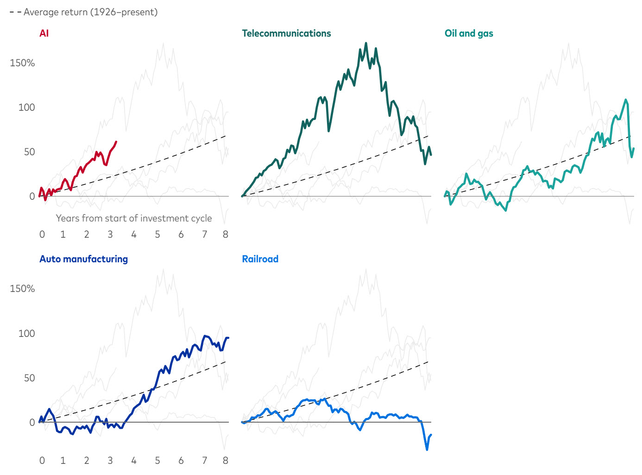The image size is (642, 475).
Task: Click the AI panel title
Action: pos(44,33)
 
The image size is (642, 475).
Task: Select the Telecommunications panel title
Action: pos(286,33)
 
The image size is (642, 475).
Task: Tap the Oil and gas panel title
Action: pos(469,33)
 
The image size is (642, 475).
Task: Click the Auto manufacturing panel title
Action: pos(83,259)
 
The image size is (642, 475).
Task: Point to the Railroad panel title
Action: pos(260,259)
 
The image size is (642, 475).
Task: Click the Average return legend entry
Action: pos(83,12)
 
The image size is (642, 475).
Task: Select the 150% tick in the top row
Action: pos(22,63)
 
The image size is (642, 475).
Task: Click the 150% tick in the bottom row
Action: pos(22,289)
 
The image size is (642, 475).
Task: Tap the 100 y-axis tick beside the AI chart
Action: pos(26,108)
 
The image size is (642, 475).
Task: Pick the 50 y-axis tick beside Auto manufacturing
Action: pos(29,378)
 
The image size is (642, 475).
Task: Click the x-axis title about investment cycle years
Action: pos(134,218)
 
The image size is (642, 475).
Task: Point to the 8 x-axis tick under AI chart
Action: pos(226,234)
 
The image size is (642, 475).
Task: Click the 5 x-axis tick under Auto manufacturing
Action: pos(157,461)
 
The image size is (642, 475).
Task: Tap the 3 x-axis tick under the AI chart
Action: pos(110,234)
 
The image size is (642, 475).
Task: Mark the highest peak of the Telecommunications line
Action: pos(366,43)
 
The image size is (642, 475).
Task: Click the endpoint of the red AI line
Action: pos(116,142)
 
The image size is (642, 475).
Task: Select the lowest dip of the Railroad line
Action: pos(427,450)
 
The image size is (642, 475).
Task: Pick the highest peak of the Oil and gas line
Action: pos(626,100)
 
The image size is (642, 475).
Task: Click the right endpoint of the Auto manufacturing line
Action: pos(228,338)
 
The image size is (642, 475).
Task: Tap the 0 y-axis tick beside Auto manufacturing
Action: pos(32,423)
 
